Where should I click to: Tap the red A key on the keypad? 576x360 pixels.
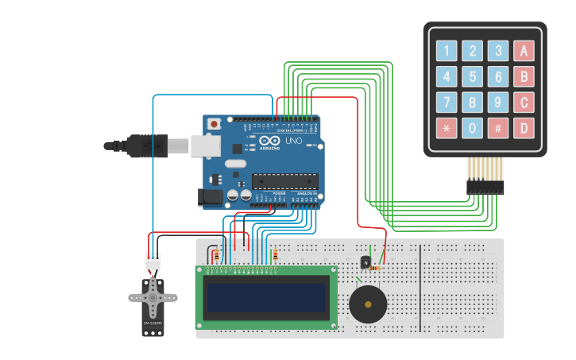point(524,52)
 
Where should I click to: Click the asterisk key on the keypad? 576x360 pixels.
point(446,128)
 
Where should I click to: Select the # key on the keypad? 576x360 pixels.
point(498,128)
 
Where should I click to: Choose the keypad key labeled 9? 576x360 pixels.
point(498,103)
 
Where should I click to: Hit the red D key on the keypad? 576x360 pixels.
point(524,128)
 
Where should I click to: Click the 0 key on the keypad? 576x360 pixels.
point(473,128)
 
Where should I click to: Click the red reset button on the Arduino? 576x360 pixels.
point(214,124)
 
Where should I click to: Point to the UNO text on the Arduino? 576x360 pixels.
point(293,141)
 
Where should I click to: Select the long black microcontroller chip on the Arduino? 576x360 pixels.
point(284,181)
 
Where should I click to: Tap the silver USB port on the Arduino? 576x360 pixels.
point(205,145)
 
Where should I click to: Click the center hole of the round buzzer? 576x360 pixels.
point(368,303)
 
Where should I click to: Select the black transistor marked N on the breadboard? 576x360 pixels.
point(365,261)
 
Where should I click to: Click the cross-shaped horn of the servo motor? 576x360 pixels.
point(153,297)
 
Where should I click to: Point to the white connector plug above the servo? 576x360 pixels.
point(152,261)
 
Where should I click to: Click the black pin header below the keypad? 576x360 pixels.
point(485,188)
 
